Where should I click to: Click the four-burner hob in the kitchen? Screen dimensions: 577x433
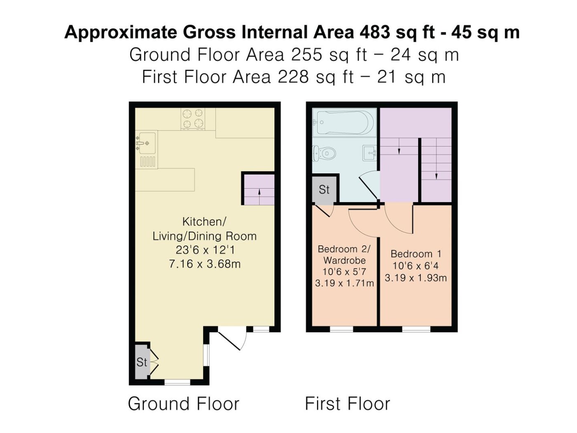tap(193, 119)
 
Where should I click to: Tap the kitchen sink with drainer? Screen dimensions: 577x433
tap(147, 150)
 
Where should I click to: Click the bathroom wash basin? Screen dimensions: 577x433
tap(370, 153)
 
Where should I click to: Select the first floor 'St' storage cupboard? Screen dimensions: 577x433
tap(324, 189)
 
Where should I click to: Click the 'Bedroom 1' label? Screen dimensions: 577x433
tap(415, 254)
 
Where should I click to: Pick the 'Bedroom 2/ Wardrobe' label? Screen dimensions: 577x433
tap(344, 255)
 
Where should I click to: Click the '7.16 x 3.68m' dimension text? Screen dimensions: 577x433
tap(204, 264)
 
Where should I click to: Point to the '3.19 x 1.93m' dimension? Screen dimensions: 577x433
tap(415, 278)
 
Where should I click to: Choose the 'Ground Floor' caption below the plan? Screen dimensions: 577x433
tap(183, 403)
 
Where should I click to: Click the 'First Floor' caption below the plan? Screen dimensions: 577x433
tap(347, 403)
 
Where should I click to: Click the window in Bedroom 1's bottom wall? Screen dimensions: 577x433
tap(416, 329)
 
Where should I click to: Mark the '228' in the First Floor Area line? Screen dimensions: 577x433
tap(293, 77)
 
